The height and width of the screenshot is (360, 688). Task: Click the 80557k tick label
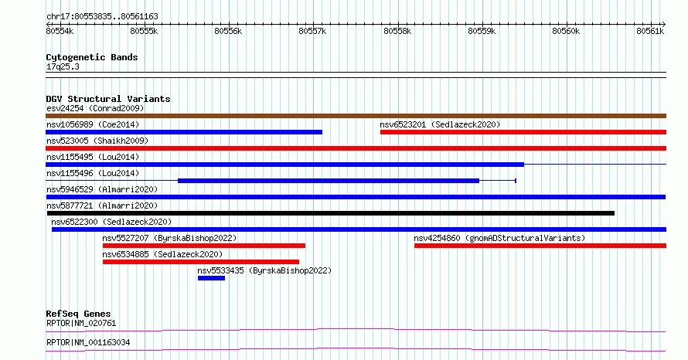tap(312, 31)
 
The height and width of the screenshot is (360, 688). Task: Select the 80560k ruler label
tap(566, 31)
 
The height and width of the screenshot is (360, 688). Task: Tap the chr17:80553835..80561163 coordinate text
tap(102, 17)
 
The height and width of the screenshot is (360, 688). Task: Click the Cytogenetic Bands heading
tap(92, 57)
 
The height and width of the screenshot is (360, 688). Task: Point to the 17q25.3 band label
tap(63, 66)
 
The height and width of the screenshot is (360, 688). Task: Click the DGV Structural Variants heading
tap(108, 99)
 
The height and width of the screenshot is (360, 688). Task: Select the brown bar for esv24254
tap(356, 116)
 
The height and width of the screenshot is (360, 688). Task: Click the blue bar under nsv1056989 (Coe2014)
tap(184, 132)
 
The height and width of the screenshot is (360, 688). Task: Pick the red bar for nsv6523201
tap(523, 132)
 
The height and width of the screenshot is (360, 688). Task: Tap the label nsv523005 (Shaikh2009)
tap(97, 141)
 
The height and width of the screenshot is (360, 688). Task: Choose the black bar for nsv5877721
tap(331, 213)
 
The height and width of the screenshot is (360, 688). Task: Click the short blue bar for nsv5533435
tap(212, 278)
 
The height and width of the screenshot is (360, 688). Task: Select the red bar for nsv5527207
tap(204, 246)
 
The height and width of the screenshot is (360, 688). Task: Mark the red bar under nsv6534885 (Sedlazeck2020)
tap(201, 262)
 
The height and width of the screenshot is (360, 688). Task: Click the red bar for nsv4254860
tap(540, 246)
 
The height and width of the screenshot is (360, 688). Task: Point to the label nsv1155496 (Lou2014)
tap(93, 173)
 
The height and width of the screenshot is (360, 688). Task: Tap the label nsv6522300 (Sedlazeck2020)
tap(111, 222)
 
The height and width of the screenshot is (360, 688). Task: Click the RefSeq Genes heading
tap(79, 314)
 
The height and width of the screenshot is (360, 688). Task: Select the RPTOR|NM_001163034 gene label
tap(88, 342)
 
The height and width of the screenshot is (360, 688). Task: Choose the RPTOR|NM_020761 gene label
tap(81, 323)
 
